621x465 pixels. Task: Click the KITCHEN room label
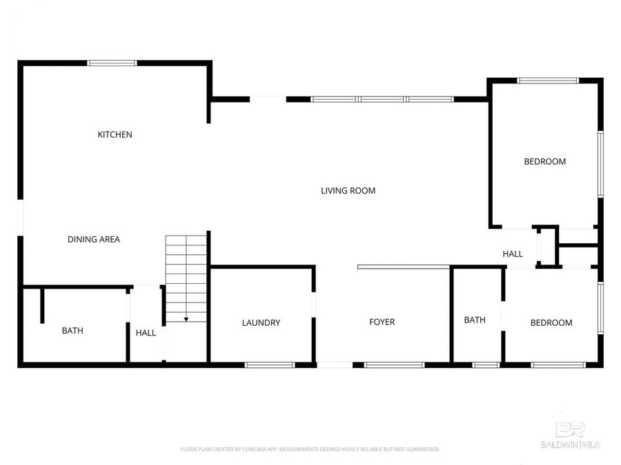click(115, 134)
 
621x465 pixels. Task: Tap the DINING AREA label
click(94, 239)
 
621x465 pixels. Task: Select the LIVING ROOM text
click(348, 190)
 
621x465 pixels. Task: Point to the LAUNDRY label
click(261, 322)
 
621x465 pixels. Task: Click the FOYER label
click(382, 322)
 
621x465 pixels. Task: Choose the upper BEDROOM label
click(544, 161)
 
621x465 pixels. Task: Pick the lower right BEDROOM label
click(551, 322)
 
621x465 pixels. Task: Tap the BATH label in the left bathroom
click(72, 331)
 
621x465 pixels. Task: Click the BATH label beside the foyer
click(475, 320)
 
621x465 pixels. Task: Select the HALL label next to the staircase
click(146, 333)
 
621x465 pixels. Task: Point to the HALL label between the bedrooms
click(513, 254)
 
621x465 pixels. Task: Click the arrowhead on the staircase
click(186, 319)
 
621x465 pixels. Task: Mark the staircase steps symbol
click(186, 276)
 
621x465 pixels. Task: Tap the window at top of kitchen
click(112, 63)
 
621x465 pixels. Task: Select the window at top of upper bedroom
click(548, 81)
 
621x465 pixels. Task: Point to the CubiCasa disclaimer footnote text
click(310, 449)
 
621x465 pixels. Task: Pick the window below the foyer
click(394, 364)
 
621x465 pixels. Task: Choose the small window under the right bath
click(486, 364)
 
